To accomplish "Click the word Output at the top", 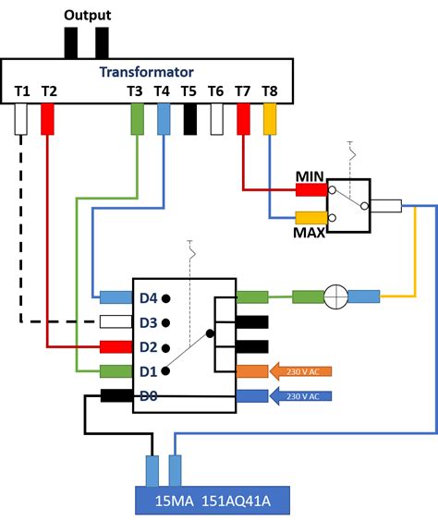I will [x=87, y=16].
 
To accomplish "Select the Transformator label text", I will [x=147, y=71].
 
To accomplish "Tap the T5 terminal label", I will [x=189, y=91].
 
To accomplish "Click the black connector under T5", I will [x=190, y=119].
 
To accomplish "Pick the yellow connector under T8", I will [x=270, y=118].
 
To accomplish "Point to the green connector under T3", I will [x=137, y=119].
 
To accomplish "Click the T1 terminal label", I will [x=22, y=91].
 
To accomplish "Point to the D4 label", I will [x=148, y=297].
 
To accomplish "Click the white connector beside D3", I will [x=116, y=322].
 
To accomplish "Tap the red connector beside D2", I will [x=116, y=346].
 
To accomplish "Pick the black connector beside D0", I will [x=116, y=396].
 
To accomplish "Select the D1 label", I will [x=148, y=371].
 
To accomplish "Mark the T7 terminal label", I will [x=243, y=91].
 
